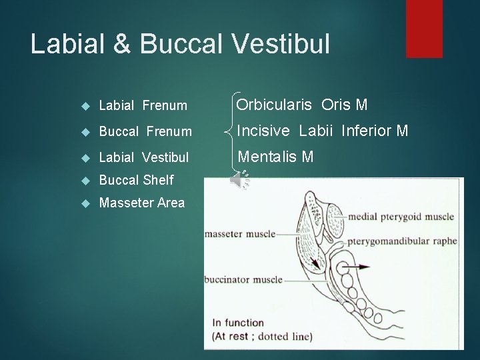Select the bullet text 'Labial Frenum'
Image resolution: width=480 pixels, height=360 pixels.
[143, 105]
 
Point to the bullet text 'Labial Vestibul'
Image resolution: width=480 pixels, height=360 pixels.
[144, 157]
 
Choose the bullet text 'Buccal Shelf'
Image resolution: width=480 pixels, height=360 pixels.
[136, 180]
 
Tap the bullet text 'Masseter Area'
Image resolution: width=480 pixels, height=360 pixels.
[142, 203]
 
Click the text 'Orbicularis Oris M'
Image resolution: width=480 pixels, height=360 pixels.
[302, 105]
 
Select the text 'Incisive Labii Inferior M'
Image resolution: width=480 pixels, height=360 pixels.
[323, 131]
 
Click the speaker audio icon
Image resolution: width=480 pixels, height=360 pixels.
[239, 180]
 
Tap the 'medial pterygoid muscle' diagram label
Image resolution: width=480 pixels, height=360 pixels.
[410, 216]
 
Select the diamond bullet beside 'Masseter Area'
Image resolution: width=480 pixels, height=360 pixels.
[83, 203]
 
